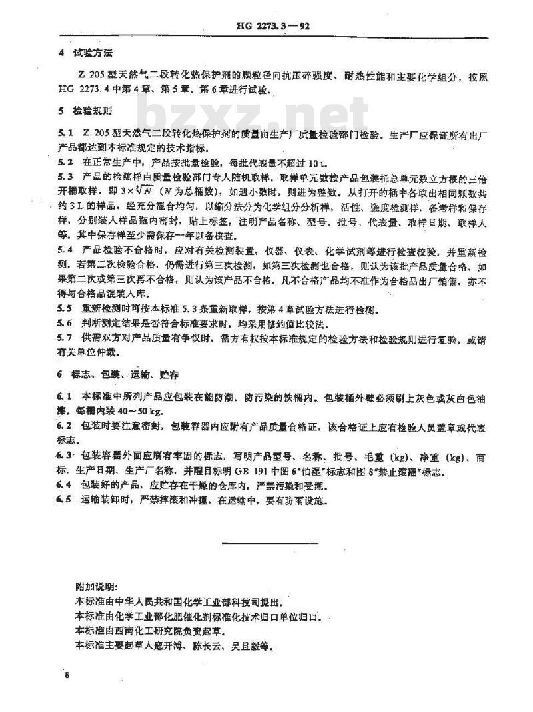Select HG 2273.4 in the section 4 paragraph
pyautogui.click(x=85, y=90)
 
